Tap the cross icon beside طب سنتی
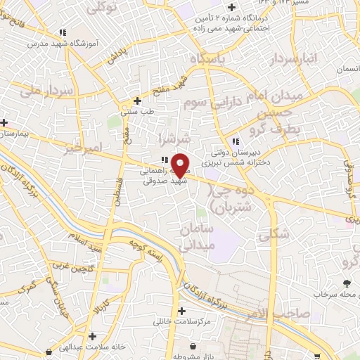point(137,101)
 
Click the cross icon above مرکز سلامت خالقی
point(182,311)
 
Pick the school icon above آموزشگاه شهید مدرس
point(63,32)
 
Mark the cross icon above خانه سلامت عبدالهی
point(92,337)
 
